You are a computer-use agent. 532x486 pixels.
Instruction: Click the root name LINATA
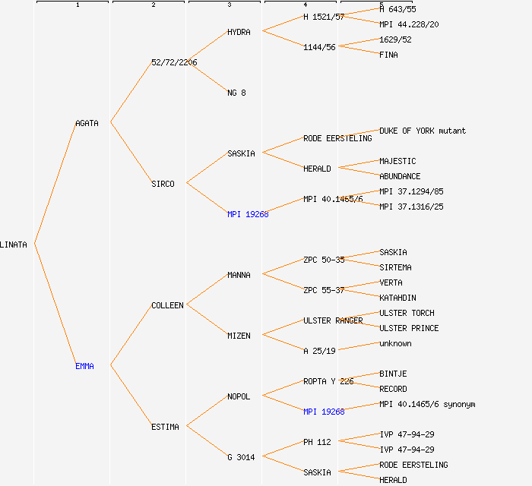[x=14, y=245]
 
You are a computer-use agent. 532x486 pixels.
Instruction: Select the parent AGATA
[x=87, y=123]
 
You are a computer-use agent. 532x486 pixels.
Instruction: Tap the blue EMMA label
[x=84, y=366]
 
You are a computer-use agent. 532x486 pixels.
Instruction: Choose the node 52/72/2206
[x=174, y=62]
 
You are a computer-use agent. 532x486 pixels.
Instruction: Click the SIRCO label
[x=163, y=184]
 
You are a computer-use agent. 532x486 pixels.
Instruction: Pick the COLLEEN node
[x=167, y=305]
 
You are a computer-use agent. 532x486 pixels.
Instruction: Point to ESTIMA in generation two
[x=165, y=427]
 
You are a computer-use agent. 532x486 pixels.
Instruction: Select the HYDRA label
[x=239, y=32]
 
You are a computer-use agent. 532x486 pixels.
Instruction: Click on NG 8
[x=236, y=93]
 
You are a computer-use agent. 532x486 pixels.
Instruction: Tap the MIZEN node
[x=239, y=336]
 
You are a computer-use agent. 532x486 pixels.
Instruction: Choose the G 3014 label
[x=241, y=457]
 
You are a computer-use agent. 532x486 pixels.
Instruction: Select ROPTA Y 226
[x=328, y=381]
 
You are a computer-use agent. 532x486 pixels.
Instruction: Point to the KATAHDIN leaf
[x=397, y=298]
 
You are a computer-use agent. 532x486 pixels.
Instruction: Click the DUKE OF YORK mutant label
[x=423, y=131]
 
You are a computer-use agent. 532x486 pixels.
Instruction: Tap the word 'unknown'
[x=395, y=343]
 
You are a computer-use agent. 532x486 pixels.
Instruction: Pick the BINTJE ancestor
[x=393, y=374]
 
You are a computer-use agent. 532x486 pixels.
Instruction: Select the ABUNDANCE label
[x=400, y=176]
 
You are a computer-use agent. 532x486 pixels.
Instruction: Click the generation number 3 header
[x=229, y=5]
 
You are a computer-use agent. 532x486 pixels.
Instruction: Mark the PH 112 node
[x=317, y=442]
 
